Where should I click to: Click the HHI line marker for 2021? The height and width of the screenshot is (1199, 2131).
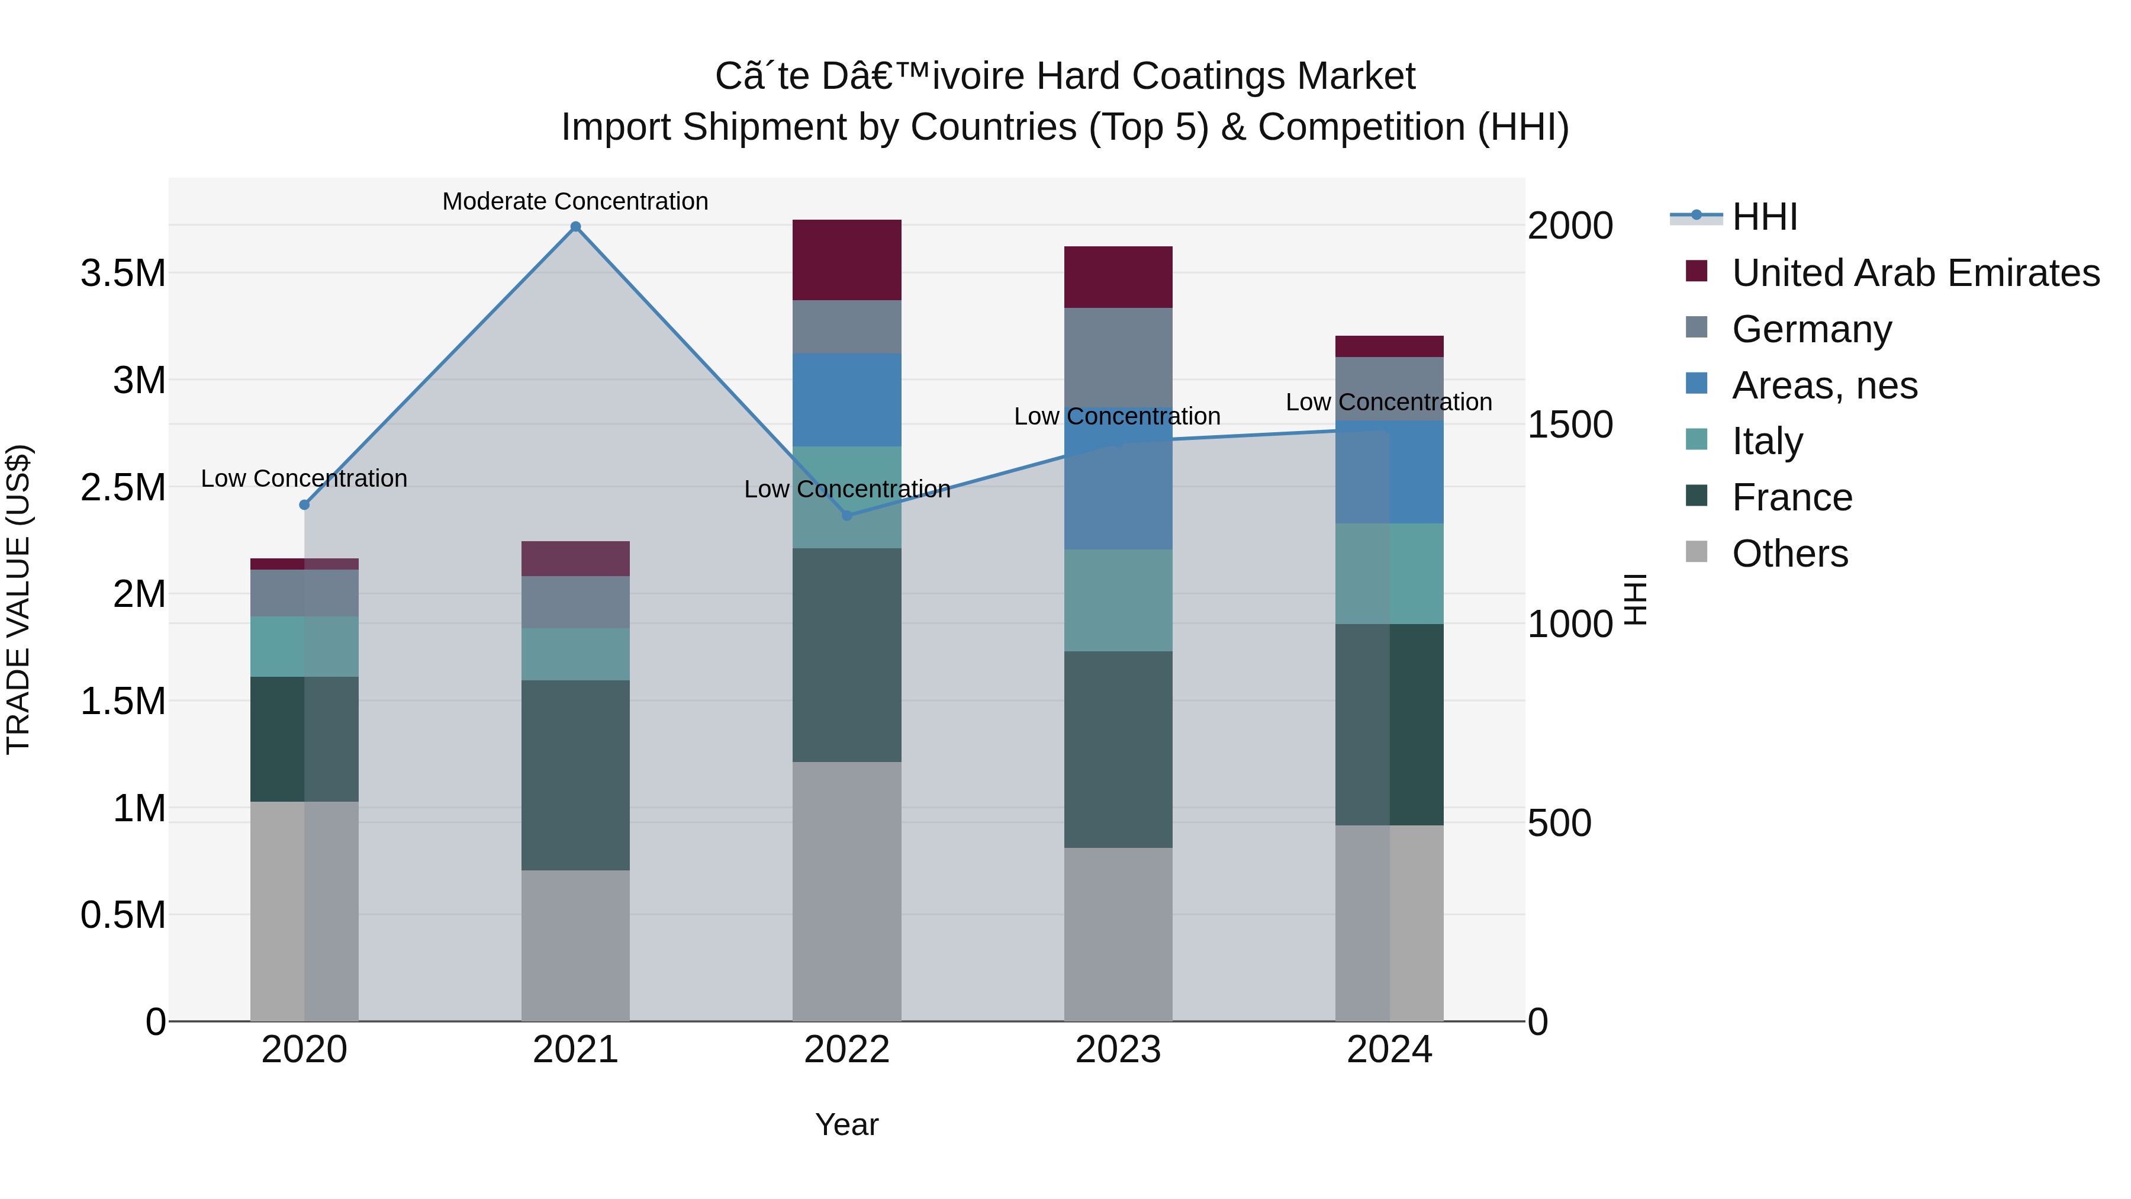[x=576, y=227]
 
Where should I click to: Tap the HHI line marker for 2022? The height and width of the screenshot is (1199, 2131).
[x=846, y=516]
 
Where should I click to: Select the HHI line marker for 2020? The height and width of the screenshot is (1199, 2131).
[x=304, y=504]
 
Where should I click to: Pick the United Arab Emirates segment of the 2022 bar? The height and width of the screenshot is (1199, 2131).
[x=846, y=260]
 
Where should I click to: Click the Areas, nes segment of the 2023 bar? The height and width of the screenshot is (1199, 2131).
[x=1118, y=488]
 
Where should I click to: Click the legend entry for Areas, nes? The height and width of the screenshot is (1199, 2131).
[x=1824, y=385]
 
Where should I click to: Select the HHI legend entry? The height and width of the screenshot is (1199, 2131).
[x=1764, y=217]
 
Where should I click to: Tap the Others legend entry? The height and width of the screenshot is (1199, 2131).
[x=1789, y=554]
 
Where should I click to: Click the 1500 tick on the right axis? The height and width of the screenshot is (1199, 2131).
[x=1569, y=425]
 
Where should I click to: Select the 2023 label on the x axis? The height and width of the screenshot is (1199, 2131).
[x=1118, y=1049]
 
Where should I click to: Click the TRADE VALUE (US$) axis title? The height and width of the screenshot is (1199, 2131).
[x=18, y=599]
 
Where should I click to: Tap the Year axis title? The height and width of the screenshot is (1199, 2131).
[x=846, y=1124]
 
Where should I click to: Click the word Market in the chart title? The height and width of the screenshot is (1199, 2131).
[x=1356, y=76]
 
